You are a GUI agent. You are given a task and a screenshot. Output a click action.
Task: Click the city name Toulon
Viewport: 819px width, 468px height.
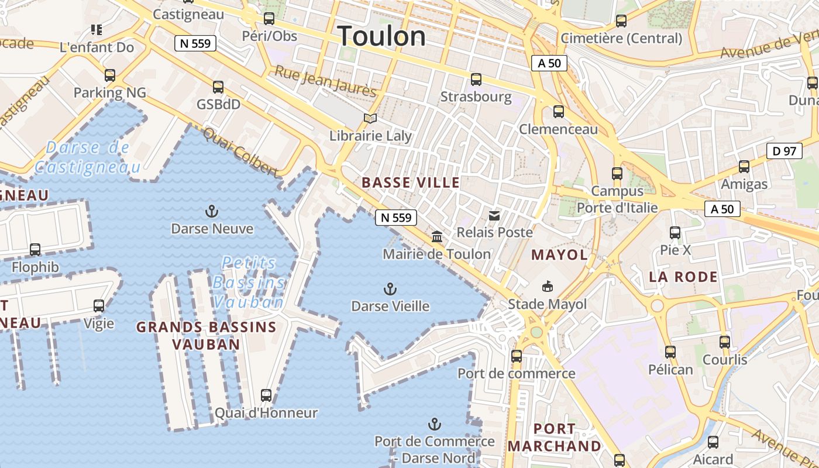coord(381,36)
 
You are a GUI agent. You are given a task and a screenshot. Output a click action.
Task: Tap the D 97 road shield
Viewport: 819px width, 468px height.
coord(784,151)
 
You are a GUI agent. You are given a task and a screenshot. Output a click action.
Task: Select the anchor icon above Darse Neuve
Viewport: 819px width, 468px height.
coord(211,211)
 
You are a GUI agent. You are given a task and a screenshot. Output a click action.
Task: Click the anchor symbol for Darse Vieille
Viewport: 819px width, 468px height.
coord(390,288)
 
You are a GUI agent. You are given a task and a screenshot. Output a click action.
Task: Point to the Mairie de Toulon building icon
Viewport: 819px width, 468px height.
coord(436,236)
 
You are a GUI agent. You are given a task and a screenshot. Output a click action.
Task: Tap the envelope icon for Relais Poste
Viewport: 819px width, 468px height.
coord(494,215)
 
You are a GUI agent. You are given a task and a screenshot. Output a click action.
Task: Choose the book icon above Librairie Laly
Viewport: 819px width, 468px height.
coord(370,118)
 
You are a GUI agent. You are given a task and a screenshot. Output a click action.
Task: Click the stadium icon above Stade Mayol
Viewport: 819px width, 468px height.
coord(547,286)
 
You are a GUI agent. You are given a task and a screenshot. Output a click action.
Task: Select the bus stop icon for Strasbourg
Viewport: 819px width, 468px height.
coord(476,79)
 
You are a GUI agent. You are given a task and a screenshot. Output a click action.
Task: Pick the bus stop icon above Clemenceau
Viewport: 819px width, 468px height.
coord(559,111)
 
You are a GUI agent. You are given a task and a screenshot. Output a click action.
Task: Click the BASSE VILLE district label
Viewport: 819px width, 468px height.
coord(411,183)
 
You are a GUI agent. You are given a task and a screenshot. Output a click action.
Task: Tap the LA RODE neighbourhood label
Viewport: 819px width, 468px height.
coord(683,277)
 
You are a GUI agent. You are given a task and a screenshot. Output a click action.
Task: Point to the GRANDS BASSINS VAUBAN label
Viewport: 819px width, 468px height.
coord(206,335)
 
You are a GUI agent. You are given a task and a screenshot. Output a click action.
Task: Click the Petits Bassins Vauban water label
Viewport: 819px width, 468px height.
coord(249,283)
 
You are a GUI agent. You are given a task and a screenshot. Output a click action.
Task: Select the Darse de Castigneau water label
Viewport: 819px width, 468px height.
coord(88,157)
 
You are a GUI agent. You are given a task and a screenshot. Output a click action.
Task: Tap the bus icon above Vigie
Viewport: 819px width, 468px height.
coord(99,305)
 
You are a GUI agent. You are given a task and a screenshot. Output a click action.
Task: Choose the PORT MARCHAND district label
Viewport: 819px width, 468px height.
coord(554,437)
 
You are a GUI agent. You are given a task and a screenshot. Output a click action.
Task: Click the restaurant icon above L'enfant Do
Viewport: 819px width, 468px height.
coord(97,29)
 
